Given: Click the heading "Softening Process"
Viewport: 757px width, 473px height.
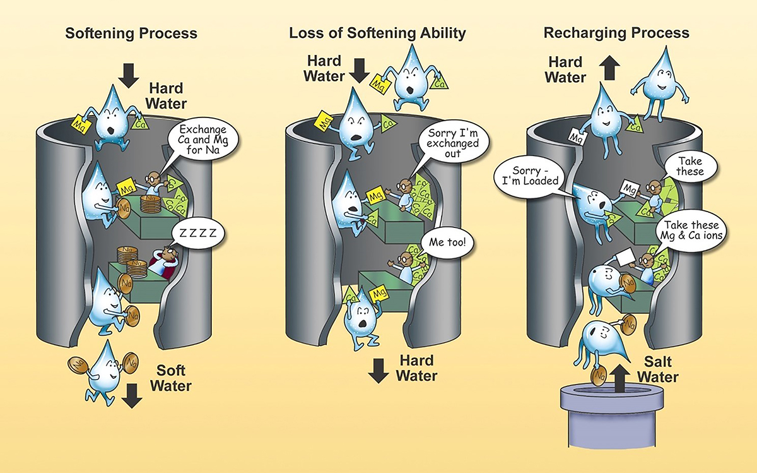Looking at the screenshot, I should point(131,33).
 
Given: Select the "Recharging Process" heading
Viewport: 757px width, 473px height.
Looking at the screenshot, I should point(617,33).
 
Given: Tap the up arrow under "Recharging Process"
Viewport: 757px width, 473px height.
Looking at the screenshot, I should point(610,68).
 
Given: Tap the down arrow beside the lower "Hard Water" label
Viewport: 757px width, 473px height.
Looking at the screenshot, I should point(378,371).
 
